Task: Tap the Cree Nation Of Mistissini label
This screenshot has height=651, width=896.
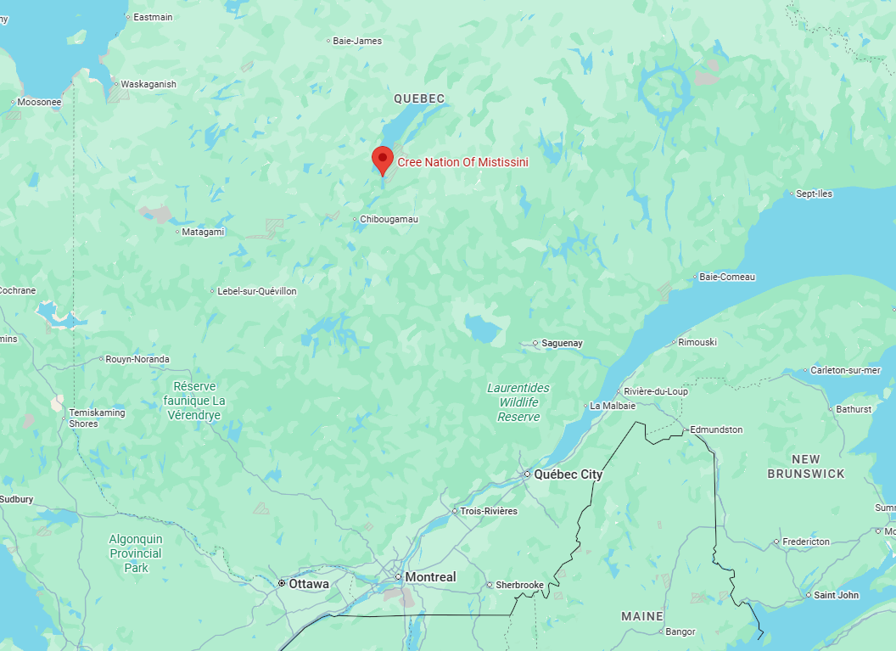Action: pyautogui.click(x=462, y=162)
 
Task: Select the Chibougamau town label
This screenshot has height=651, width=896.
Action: pyautogui.click(x=389, y=219)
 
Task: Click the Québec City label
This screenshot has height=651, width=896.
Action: pyautogui.click(x=568, y=474)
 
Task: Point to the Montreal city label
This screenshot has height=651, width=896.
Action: pyautogui.click(x=430, y=577)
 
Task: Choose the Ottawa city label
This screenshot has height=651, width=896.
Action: pyautogui.click(x=308, y=584)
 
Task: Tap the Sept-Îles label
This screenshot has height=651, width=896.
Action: pyautogui.click(x=814, y=194)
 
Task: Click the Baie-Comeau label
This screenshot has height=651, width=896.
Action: pyautogui.click(x=726, y=277)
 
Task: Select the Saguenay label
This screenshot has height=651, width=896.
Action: pyautogui.click(x=563, y=343)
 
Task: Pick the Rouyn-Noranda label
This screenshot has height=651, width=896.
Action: pyautogui.click(x=137, y=359)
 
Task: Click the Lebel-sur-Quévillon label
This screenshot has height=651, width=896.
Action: pyautogui.click(x=257, y=291)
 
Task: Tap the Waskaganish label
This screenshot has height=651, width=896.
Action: pyautogui.click(x=148, y=84)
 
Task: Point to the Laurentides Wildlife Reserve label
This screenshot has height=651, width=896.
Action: pyautogui.click(x=518, y=402)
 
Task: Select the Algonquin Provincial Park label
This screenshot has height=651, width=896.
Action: pyautogui.click(x=136, y=553)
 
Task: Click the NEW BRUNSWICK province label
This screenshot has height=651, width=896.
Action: pyautogui.click(x=806, y=467)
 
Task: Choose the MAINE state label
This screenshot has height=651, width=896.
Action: pyautogui.click(x=642, y=616)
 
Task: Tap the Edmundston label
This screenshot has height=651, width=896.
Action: pyautogui.click(x=716, y=429)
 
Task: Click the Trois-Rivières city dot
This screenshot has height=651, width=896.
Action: pyautogui.click(x=454, y=511)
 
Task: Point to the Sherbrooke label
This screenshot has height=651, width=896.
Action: pyautogui.click(x=520, y=585)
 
